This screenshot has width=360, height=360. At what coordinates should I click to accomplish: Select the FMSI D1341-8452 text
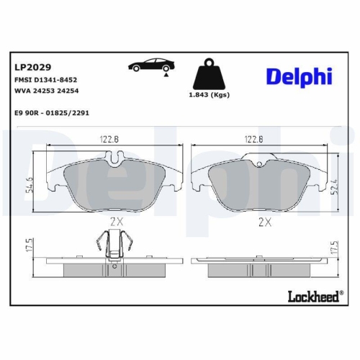(x=45, y=81)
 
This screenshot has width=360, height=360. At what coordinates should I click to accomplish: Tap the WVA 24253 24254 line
(x=47, y=91)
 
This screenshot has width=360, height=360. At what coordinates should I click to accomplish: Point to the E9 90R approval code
(x=56, y=112)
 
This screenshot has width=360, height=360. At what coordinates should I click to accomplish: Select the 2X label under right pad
(x=264, y=223)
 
